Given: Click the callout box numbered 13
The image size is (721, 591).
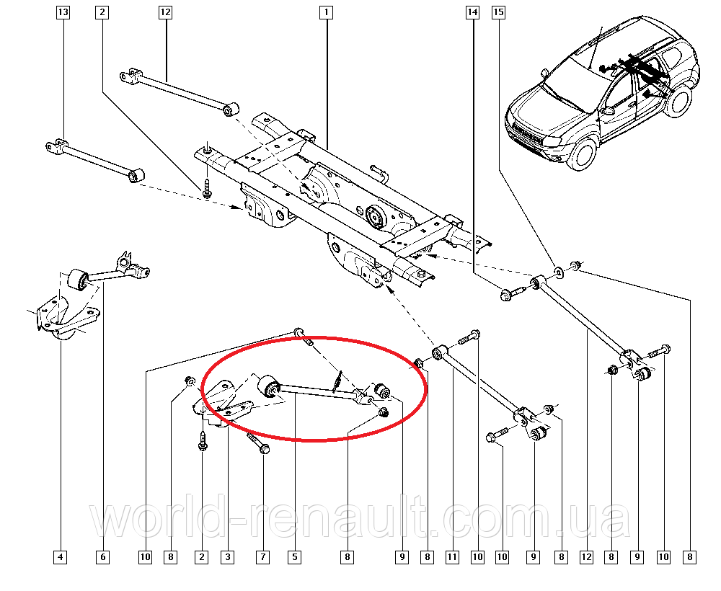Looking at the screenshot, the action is coord(63,12).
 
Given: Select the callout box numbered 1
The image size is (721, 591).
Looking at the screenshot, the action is coord(326,12).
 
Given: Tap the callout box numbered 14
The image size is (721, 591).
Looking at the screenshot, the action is coord(473,12).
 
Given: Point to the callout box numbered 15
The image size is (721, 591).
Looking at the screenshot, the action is coord(498,12).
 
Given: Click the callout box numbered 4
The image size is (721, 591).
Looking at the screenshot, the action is coord(61,557).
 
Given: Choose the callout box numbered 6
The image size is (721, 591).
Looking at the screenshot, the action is coord(102,557).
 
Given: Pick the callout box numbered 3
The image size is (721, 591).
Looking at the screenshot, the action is coord(228,557).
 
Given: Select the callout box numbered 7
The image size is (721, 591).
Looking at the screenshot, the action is coord(262,557).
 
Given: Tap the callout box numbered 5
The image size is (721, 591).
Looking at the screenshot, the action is coord(294,557).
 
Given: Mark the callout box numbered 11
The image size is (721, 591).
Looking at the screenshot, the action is coord(453,557).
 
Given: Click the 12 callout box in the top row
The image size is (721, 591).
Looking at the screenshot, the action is coord(165,12).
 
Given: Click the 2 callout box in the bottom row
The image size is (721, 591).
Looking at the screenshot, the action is coord(201,557).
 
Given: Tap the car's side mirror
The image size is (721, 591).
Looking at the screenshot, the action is coord(609,110).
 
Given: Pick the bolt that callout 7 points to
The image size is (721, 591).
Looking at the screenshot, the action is coord(258,443).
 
